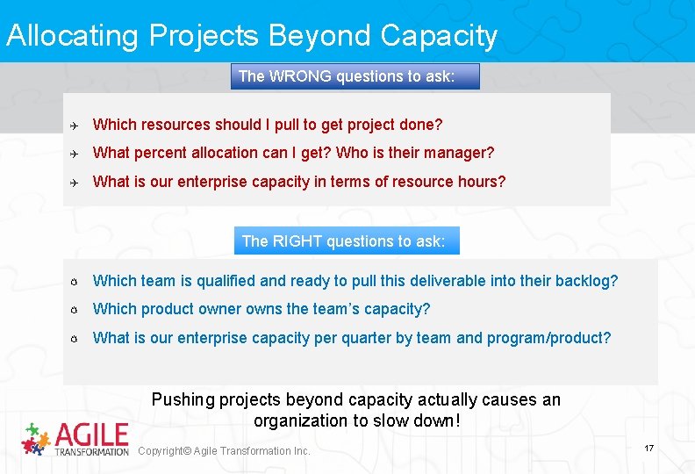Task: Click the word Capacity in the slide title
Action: [439, 36]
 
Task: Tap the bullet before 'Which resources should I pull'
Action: [75, 125]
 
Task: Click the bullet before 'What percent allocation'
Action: [75, 154]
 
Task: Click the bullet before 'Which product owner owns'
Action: [75, 310]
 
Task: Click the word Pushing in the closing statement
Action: [183, 399]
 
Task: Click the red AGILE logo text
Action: [91, 434]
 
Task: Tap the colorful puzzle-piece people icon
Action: [35, 438]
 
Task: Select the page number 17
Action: [649, 449]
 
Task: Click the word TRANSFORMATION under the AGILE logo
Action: [91, 451]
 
